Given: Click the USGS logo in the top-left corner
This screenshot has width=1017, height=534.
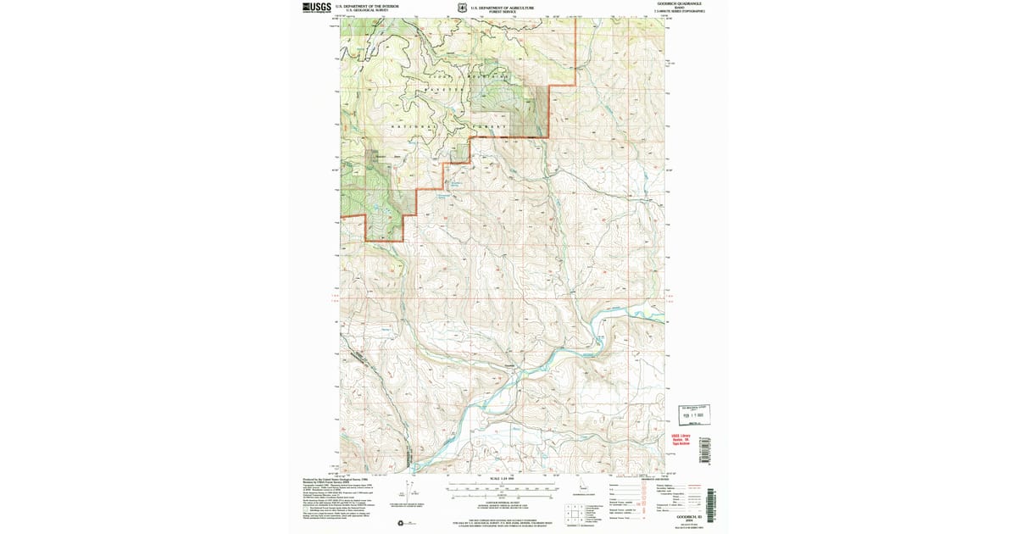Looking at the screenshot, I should coord(317,8).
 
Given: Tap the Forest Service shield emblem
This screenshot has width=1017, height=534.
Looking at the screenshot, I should coord(461,8).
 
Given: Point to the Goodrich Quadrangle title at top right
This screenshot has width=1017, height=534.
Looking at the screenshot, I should coord(680,4).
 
